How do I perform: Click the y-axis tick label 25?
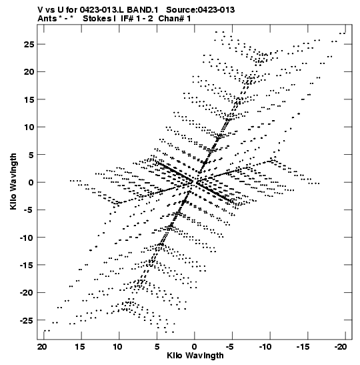click(x=29, y=44)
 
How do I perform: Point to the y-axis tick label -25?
click(x=27, y=320)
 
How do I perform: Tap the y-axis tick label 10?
click(x=29, y=127)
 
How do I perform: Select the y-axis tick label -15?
click(x=27, y=265)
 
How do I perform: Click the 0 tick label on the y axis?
click(x=31, y=182)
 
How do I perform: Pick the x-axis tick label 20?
click(x=42, y=347)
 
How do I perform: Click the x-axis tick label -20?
click(x=341, y=347)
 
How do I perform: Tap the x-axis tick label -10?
click(x=265, y=347)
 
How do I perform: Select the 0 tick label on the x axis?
click(x=195, y=347)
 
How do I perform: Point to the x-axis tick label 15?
click(x=80, y=347)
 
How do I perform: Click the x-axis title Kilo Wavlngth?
click(x=195, y=356)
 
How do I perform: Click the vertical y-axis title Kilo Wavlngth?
click(x=13, y=181)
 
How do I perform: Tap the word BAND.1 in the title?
click(x=143, y=10)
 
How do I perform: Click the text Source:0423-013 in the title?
click(x=201, y=10)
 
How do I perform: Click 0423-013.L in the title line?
click(x=102, y=10)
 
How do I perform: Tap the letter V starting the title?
click(x=40, y=10)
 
